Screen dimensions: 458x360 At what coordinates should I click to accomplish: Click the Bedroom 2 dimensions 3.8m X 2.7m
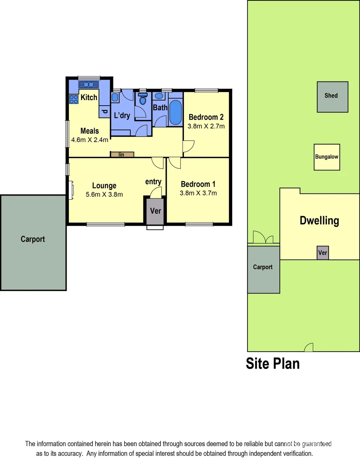[206, 126]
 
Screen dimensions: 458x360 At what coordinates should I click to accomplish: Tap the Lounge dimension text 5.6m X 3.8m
[104, 195]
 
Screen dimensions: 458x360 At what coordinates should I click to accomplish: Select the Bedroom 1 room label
[198, 184]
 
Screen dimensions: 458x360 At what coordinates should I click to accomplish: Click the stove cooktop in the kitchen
[73, 99]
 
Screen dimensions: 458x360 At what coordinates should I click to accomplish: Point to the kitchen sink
[89, 84]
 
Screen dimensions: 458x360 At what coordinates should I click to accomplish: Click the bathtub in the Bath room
[175, 112]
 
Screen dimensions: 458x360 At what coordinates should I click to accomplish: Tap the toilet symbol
[143, 100]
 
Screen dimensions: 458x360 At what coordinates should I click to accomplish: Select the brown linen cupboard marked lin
[122, 154]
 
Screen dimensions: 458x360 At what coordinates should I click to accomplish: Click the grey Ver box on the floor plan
[156, 210]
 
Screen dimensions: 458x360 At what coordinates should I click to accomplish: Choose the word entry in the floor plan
[153, 182]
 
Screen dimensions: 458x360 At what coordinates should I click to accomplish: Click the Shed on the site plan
[332, 97]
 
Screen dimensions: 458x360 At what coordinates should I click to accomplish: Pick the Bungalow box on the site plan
[326, 157]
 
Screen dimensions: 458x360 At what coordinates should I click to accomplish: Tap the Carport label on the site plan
[263, 267]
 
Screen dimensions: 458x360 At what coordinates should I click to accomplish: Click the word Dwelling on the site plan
[319, 221]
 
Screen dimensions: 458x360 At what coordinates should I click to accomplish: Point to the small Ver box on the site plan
[323, 253]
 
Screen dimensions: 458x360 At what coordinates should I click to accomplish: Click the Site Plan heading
[273, 363]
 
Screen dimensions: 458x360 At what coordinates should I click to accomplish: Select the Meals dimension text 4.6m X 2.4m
[90, 140]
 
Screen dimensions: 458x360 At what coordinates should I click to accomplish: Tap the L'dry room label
[122, 115]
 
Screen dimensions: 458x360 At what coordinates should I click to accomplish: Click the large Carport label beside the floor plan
[33, 239]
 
